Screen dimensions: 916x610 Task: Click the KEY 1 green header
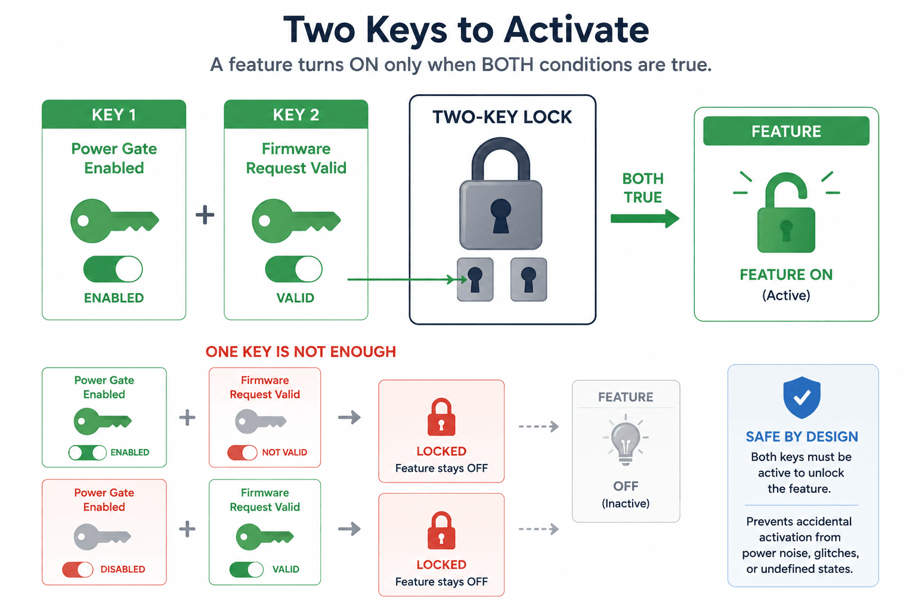(114, 114)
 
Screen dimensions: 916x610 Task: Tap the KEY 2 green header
(296, 114)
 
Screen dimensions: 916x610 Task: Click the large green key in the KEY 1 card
(114, 220)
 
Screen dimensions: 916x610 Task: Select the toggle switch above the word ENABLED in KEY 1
(113, 269)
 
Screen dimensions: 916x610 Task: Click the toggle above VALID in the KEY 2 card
(293, 269)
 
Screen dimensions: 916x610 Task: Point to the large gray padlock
(500, 193)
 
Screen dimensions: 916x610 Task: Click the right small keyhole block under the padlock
(528, 279)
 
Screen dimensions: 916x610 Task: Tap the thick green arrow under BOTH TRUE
(645, 219)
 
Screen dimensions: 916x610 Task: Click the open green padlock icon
(786, 213)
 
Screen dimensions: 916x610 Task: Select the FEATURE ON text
(786, 275)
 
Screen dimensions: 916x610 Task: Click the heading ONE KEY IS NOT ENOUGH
(301, 352)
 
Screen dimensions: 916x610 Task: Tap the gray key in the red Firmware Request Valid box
(261, 421)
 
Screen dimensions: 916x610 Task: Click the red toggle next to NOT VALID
(242, 452)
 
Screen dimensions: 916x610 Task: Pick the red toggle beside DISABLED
(78, 569)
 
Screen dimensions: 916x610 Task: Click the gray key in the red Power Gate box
(102, 537)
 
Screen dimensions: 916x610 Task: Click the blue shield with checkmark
(801, 397)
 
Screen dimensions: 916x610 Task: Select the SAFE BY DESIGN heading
(801, 437)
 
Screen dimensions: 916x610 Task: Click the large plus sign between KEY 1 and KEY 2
(205, 215)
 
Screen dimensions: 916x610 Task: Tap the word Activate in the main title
(576, 30)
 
